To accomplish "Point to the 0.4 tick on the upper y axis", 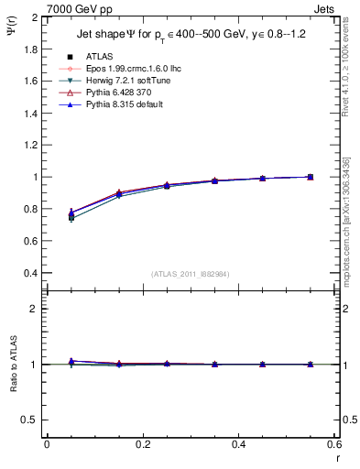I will [x=28, y=273].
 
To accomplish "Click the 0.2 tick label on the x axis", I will [x=142, y=443].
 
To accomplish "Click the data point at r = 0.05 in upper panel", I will [x=71, y=216].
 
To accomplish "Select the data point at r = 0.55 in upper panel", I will [x=310, y=177].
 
